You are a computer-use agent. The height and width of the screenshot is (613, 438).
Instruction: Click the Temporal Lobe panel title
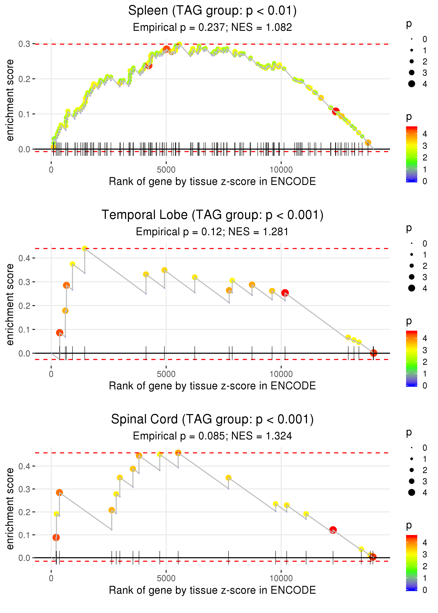pos(212,215)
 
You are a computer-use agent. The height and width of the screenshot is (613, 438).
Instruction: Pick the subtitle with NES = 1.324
pos(212,436)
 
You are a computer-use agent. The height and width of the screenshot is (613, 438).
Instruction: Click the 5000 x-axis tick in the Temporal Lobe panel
pos(166,374)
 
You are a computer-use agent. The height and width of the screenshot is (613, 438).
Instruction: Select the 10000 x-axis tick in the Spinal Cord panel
pos(281,578)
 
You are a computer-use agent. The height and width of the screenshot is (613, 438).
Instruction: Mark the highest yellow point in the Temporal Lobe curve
pos(85,249)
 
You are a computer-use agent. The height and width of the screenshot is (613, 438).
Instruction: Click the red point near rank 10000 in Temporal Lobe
pos(285,293)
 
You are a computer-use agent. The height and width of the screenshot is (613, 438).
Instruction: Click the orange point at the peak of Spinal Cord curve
pos(178,453)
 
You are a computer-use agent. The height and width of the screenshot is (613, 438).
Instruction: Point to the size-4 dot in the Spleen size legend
pos(412,84)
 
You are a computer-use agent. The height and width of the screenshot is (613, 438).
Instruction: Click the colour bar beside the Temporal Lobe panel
pos(412,359)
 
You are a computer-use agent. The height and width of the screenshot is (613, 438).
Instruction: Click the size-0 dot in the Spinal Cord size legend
pos(412,448)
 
